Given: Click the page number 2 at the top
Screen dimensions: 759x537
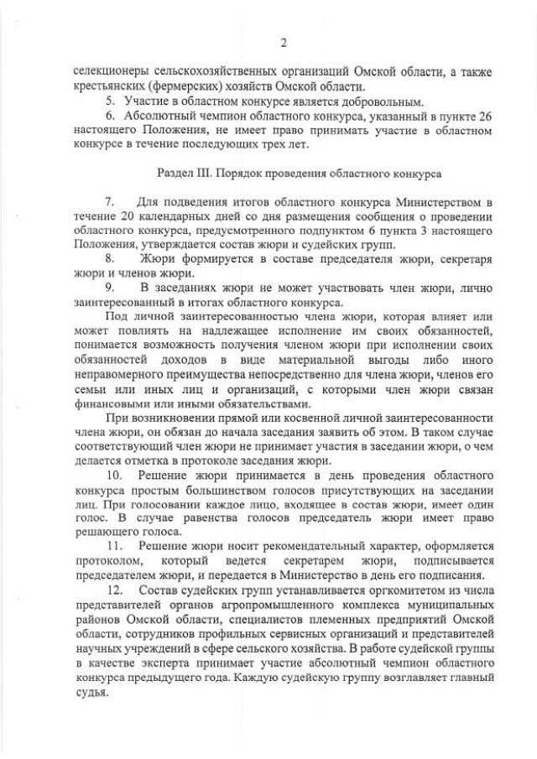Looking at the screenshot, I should point(283,44).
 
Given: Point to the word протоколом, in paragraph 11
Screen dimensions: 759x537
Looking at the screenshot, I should point(107,559).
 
